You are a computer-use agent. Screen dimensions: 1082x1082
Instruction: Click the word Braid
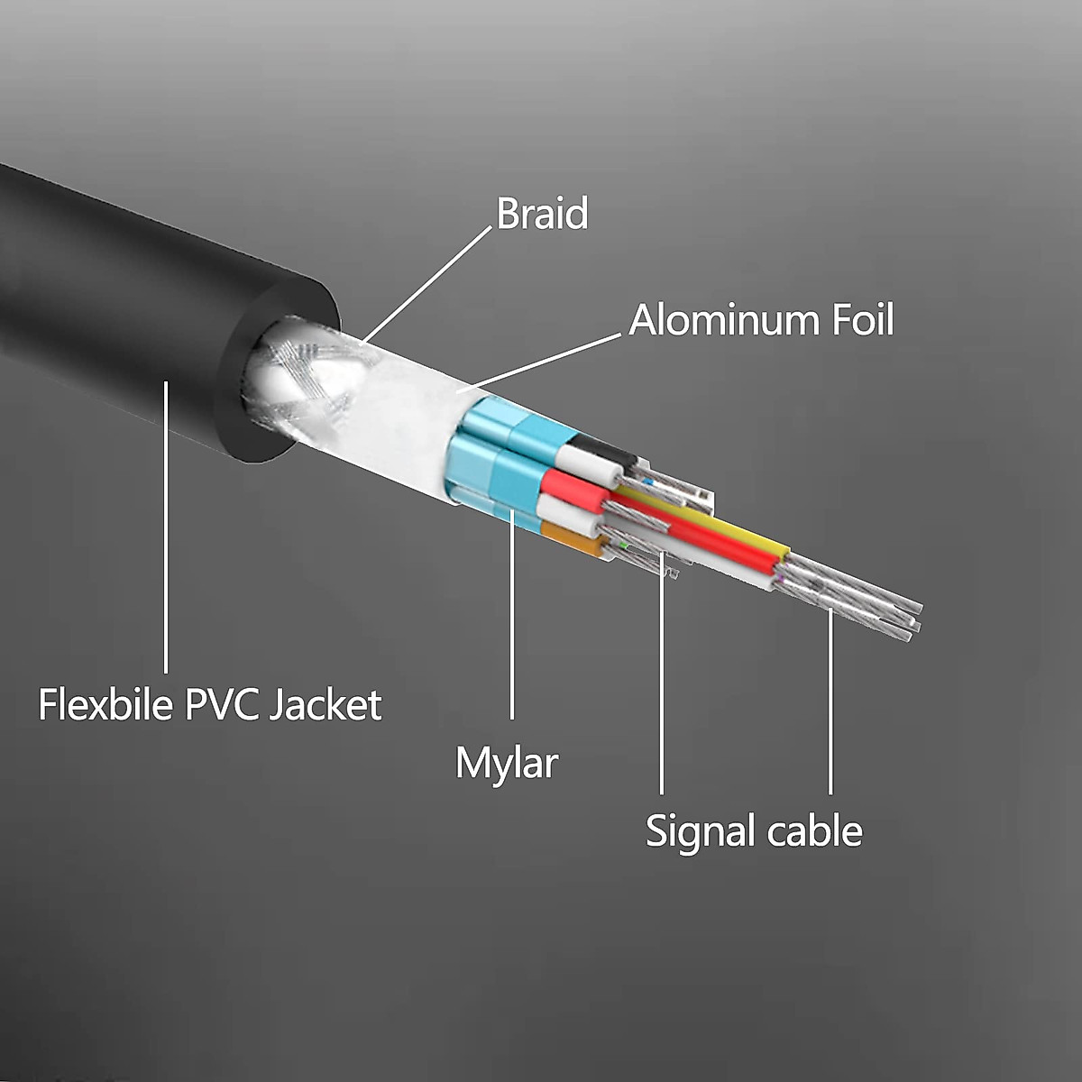point(542,214)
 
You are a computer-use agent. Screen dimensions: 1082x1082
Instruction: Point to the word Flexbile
point(105,704)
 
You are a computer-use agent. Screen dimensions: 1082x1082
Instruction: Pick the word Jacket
point(326,704)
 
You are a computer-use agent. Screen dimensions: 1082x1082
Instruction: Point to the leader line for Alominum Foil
point(541,363)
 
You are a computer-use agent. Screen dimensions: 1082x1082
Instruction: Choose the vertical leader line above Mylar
point(512,622)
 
